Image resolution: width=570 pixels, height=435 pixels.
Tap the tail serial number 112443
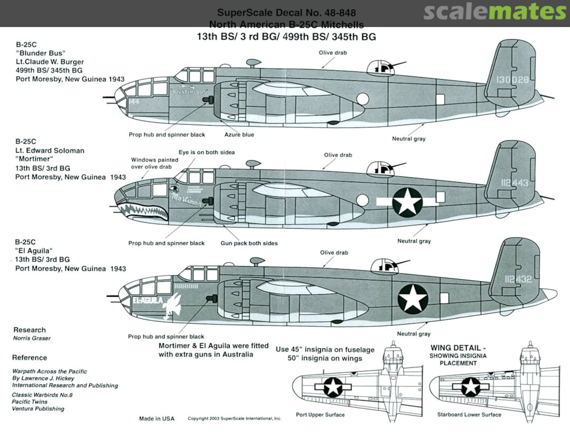click(512, 183)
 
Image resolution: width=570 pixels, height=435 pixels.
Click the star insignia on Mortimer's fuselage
click(407, 202)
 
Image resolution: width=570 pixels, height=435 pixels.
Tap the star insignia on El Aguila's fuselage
click(413, 298)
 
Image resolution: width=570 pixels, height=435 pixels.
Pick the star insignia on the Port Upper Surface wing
click(333, 387)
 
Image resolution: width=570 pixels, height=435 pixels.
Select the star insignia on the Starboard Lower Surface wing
click(470, 387)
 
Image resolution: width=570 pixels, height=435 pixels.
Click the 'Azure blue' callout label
click(239, 135)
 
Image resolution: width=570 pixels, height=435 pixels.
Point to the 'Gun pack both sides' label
click(249, 243)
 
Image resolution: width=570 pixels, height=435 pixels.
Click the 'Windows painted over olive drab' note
click(151, 163)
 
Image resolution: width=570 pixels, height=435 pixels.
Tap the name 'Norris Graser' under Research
click(31, 338)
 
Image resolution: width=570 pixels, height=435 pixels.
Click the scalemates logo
click(495, 12)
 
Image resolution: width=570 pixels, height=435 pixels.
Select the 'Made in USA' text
click(157, 419)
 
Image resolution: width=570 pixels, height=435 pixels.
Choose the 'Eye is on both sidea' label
click(206, 152)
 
